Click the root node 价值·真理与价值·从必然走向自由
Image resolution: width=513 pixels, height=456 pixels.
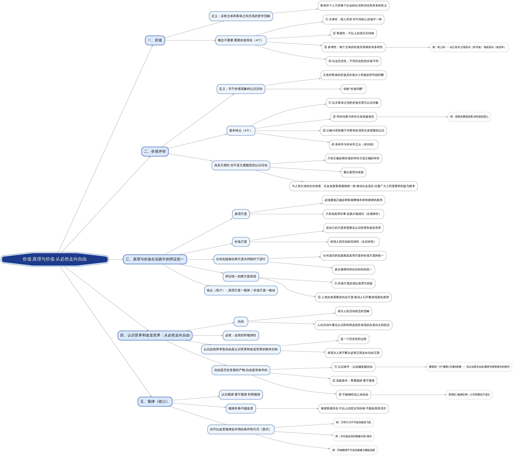coord(55,259)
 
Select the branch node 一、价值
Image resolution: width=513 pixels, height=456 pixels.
coord(155,40)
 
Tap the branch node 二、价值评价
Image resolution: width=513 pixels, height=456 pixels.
coord(155,151)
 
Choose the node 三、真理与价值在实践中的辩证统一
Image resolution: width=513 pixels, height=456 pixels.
coord(155,259)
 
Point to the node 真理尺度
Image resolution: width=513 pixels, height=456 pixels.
coord(241,214)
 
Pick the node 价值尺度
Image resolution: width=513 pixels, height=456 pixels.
coord(241,242)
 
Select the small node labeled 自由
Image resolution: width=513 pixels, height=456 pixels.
coord(241,321)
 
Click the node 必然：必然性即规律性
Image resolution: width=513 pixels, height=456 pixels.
coord(241,335)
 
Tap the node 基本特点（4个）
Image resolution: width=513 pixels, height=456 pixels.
coord(241,131)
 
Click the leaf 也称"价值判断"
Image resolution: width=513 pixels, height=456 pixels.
coord(353,89)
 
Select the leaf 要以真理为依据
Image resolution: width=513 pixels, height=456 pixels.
coord(353,172)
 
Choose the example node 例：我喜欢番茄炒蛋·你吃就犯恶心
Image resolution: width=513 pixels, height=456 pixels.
coord(469,117)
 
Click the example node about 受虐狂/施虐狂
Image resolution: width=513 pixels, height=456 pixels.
coord(469,394)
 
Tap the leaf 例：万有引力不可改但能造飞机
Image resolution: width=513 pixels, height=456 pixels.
coord(353,422)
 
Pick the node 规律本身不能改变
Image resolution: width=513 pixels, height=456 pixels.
coord(241,409)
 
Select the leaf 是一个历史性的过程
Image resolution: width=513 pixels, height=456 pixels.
coord(353,339)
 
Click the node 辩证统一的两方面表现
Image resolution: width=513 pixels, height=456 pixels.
coord(241,276)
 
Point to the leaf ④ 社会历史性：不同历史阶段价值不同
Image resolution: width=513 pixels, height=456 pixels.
coord(353,61)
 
